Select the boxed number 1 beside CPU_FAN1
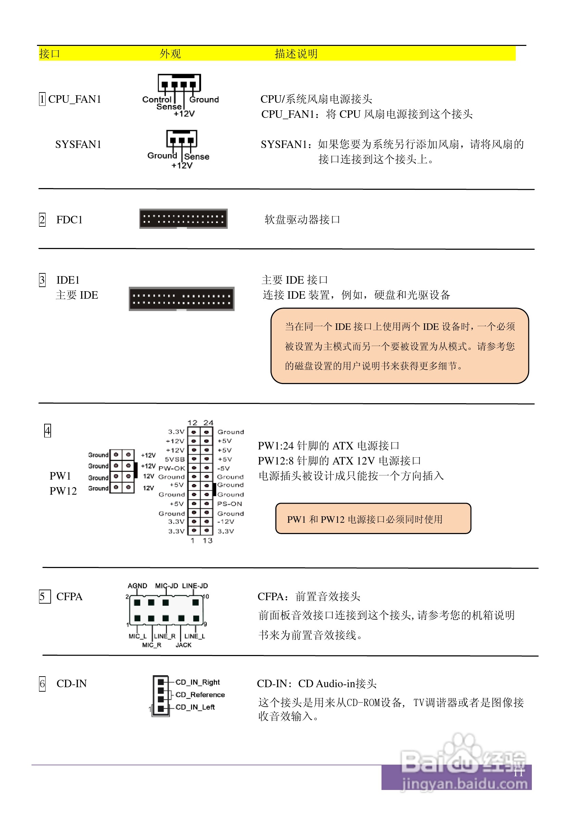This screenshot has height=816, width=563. click(x=42, y=99)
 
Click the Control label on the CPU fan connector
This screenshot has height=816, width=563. click(x=156, y=99)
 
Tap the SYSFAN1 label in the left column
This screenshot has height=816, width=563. click(x=78, y=144)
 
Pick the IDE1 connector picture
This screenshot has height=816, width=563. click(x=181, y=299)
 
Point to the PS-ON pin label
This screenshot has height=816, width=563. click(x=229, y=504)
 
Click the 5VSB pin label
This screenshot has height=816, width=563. click(x=175, y=459)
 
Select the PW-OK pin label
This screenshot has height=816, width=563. click(x=172, y=468)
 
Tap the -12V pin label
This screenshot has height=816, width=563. click(x=225, y=521)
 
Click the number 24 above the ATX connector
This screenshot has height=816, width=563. click(x=208, y=422)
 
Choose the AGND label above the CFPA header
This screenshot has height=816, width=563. click(x=137, y=586)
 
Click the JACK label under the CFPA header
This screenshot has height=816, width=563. click(x=184, y=645)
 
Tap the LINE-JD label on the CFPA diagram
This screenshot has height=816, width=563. click(x=195, y=586)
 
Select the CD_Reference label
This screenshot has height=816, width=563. click(x=200, y=695)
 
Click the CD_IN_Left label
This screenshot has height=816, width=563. click(x=195, y=707)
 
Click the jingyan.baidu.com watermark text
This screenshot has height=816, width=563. click(x=465, y=784)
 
